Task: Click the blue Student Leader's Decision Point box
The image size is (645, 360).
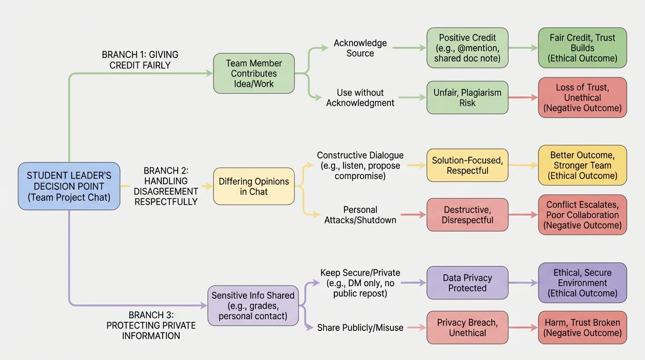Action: [69, 186]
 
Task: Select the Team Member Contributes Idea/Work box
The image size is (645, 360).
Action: [254, 74]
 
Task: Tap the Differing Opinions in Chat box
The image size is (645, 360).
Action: [254, 186]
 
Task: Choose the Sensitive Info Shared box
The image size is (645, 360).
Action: [253, 306]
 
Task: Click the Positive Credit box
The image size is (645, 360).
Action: [467, 48]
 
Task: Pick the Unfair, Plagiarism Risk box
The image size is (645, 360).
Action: [467, 97]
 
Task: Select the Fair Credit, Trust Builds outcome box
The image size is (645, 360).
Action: [582, 48]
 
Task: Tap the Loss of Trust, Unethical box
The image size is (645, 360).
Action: [582, 97]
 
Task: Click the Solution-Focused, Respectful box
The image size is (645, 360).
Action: [467, 165]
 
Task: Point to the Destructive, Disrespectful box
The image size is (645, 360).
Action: [467, 215]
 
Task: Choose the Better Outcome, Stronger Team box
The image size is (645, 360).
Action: [582, 165]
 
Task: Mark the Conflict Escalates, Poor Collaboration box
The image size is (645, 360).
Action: [582, 215]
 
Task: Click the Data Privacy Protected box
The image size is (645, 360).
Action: [467, 283]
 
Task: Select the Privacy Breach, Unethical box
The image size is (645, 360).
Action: [467, 328]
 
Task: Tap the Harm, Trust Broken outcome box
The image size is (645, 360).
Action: [582, 328]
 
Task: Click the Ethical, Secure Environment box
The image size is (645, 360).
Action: [582, 283]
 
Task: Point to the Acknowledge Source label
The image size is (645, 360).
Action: [360, 48]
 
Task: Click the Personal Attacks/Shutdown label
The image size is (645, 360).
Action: [360, 215]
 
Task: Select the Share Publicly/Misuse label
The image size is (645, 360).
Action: [360, 328]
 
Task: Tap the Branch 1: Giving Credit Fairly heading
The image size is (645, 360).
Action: [140, 60]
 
